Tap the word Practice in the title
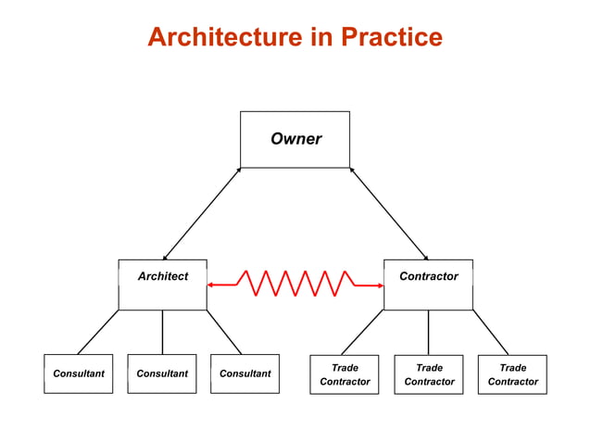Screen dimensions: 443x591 pos(392,37)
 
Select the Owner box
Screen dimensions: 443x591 pos(295,139)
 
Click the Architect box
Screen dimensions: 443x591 pos(162,284)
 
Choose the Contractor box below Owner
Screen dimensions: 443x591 pos(428,284)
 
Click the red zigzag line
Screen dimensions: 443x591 pos(295,284)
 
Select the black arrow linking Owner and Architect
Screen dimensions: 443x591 pos(201,214)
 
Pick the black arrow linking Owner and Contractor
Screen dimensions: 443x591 pos(389,214)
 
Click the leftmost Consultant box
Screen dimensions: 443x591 pos(79,373)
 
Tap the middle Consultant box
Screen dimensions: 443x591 pos(162,373)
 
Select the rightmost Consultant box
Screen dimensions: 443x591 pos(245,373)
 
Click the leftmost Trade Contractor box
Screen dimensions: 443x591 pos(345,373)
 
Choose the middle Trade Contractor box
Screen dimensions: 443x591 pos(429,373)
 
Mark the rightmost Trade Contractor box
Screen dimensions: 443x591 pos(512,373)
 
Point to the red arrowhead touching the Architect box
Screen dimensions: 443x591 pos(211,285)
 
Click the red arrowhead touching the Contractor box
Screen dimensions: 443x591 pos(379,285)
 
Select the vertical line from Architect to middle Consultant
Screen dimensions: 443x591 pos(162,332)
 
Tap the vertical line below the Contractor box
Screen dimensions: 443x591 pos(428,332)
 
